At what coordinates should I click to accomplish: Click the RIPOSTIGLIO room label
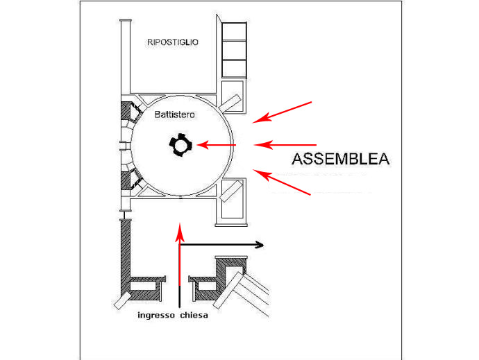tap(173, 42)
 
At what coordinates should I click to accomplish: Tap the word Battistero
tap(174, 114)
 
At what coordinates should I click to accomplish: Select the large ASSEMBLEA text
tap(340, 159)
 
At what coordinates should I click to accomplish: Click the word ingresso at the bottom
tap(156, 316)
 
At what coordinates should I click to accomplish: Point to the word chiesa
tap(194, 315)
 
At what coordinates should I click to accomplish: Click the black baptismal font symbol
tap(180, 145)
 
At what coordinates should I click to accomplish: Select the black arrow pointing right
tap(221, 245)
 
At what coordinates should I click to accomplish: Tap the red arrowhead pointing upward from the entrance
tap(180, 233)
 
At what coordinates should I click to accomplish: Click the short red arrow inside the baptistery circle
tap(217, 145)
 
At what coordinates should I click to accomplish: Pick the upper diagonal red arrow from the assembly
tap(282, 112)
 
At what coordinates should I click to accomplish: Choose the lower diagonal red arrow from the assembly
tap(282, 182)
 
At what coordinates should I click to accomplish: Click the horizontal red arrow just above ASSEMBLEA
tap(285, 145)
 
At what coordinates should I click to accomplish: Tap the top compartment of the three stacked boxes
tap(234, 31)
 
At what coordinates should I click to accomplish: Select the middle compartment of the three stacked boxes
tap(234, 50)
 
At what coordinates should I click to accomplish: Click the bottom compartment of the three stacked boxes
tap(234, 69)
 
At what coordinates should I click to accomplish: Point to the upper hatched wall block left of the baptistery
tap(126, 110)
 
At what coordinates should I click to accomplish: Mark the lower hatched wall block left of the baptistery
tap(126, 180)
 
